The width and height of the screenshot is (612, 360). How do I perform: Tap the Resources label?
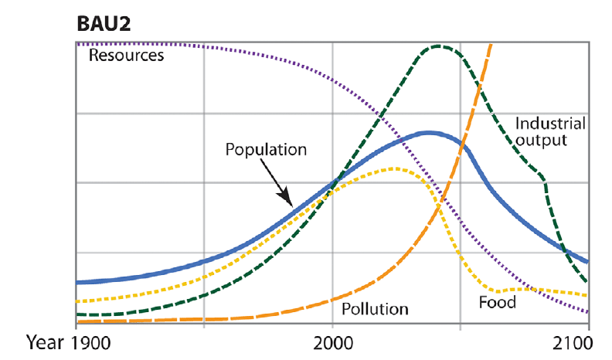pos(126,56)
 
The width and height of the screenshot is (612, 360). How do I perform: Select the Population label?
pos(266,149)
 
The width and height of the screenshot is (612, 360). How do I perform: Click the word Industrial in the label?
pos(549,124)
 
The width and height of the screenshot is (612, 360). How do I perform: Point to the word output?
pos(543,141)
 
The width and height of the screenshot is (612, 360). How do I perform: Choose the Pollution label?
pos(375,309)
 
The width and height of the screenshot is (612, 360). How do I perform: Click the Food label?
pos(497,302)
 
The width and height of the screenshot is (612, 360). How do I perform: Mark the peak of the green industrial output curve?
pos(439,46)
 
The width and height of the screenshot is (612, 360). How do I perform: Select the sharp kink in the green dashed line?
pos(545,179)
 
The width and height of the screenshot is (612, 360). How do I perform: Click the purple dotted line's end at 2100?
pos(587,312)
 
